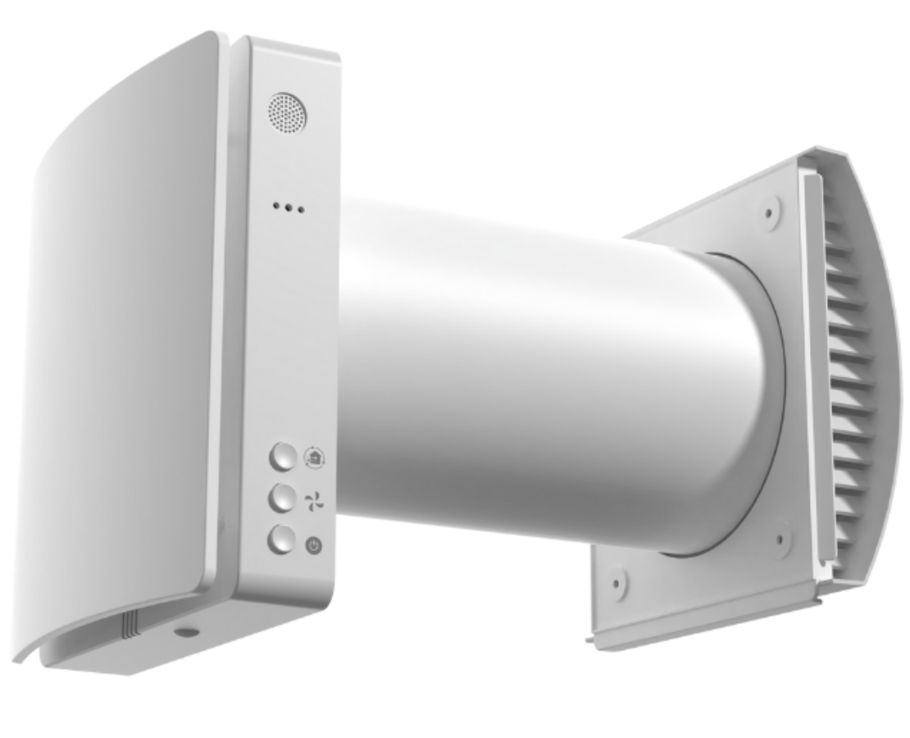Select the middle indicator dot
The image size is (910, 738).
[289, 208]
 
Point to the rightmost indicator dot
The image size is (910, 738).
[303, 210]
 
